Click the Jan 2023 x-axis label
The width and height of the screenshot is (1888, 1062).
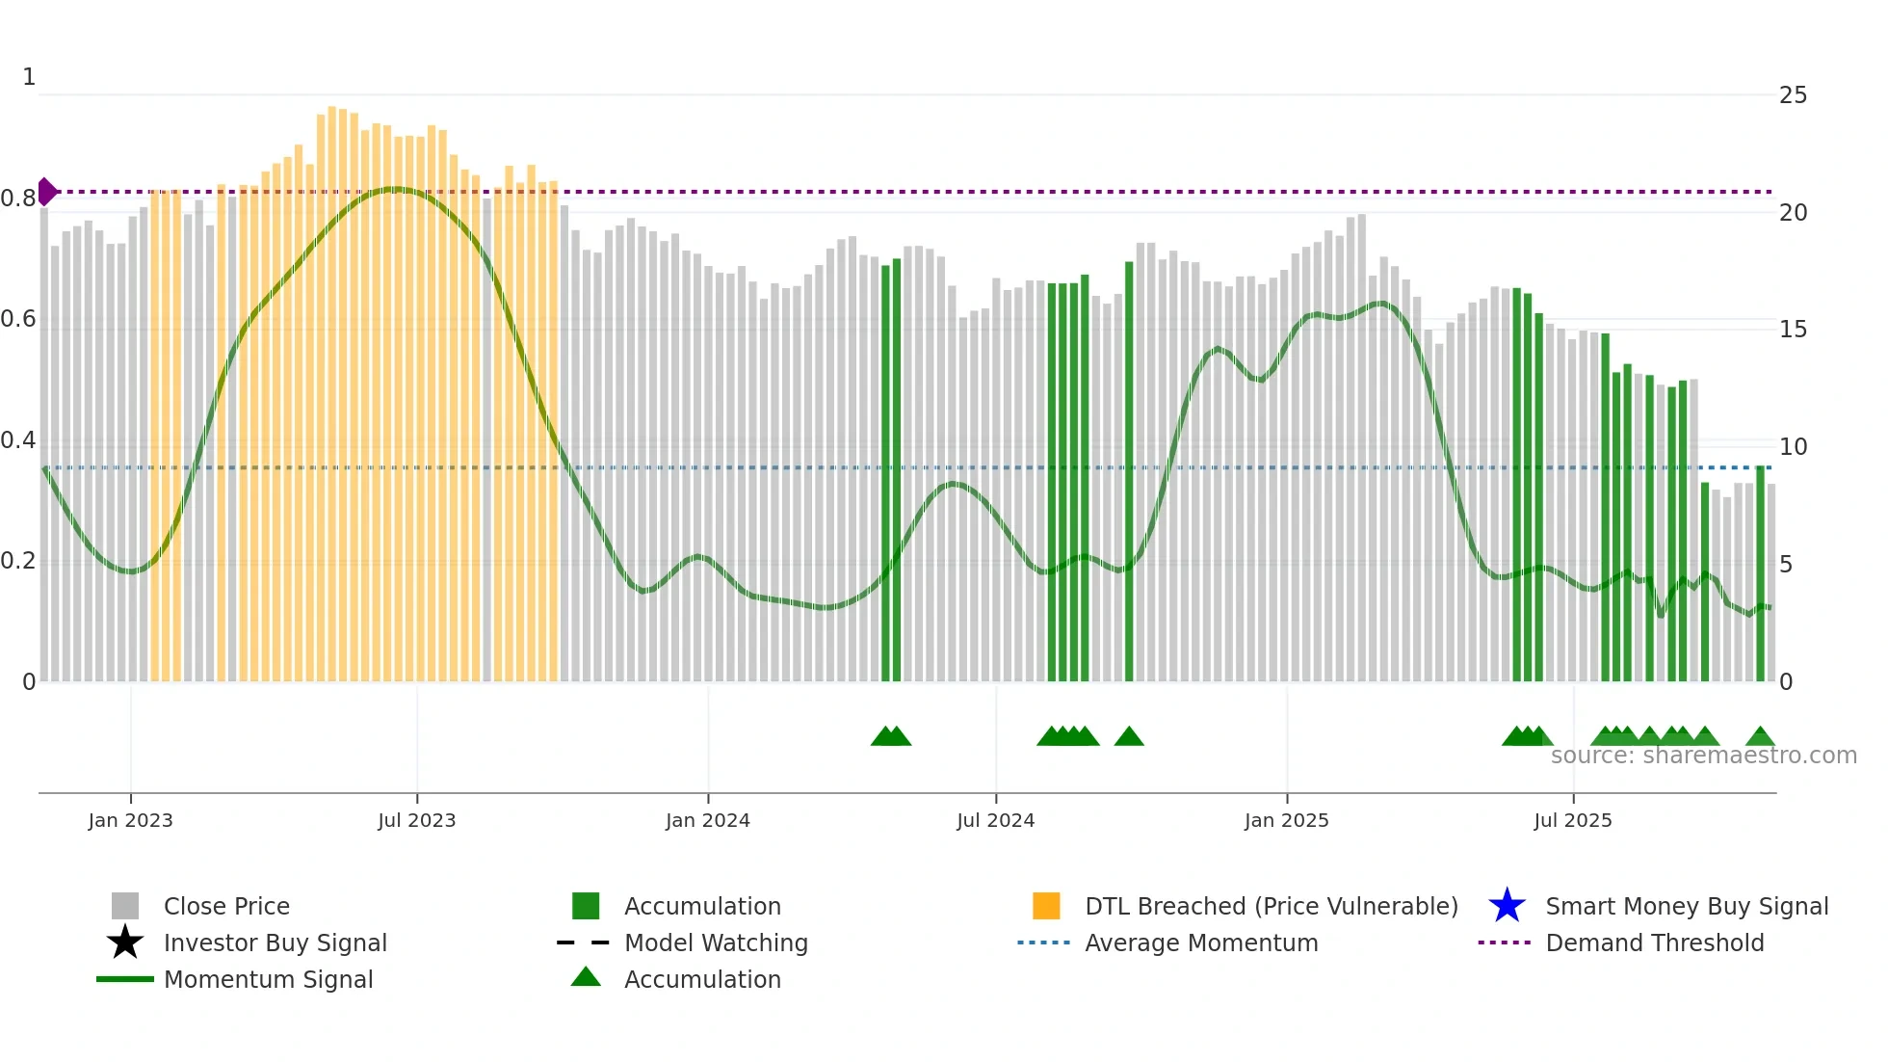click(130, 820)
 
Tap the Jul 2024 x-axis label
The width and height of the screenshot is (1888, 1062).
click(995, 820)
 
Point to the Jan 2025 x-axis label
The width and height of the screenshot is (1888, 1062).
click(1286, 820)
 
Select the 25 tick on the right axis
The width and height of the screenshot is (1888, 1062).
click(1793, 95)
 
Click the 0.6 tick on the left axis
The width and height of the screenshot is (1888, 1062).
click(18, 319)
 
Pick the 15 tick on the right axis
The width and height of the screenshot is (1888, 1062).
click(1793, 330)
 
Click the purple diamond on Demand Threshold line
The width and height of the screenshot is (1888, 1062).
click(46, 192)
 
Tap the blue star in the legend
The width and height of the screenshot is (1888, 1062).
click(1507, 906)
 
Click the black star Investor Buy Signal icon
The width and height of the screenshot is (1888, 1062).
click(125, 943)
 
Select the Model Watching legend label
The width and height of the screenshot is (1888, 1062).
click(716, 943)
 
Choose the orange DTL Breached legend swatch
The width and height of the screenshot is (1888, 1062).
click(1046, 906)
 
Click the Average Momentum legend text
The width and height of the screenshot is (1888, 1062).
click(1201, 943)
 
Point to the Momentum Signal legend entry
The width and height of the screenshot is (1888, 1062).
click(268, 979)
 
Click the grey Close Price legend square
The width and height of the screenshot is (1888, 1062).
click(125, 906)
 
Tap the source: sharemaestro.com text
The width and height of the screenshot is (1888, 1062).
click(1703, 756)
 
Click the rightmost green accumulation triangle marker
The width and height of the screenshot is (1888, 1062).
click(1760, 737)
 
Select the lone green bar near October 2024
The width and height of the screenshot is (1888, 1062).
click(1129, 472)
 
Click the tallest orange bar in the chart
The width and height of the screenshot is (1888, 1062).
click(331, 385)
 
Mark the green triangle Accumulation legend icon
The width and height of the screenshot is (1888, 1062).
click(586, 977)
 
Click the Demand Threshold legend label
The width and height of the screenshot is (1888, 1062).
click(1654, 943)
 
